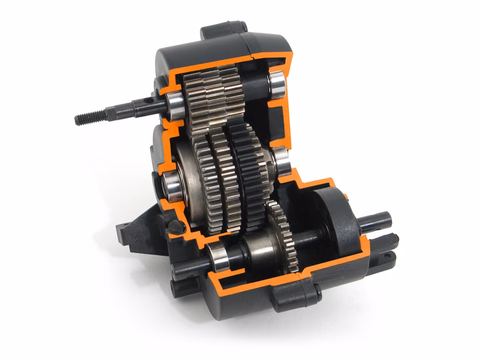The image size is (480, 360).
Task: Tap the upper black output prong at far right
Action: tap(380, 220)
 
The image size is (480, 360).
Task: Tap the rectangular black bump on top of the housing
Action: tap(215, 31)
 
